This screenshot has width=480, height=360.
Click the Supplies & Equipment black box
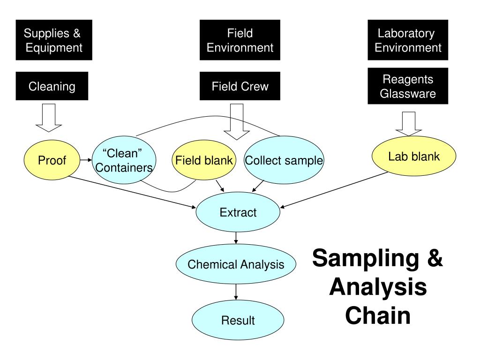tap(54, 40)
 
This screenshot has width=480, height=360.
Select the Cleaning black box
tap(52, 86)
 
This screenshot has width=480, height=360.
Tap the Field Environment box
tap(240, 40)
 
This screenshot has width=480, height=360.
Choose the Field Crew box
tap(240, 86)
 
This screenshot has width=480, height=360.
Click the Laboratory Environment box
tap(408, 40)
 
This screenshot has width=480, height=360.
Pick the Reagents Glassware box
tap(408, 86)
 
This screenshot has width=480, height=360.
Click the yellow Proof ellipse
tap(52, 160)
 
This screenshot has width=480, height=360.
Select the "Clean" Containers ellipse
tap(124, 160)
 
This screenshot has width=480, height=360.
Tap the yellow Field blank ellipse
tap(204, 160)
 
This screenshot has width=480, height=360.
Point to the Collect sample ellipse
tap(284, 160)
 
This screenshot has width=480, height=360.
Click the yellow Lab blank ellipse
tap(414, 156)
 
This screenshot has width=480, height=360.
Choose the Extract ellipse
tap(238, 212)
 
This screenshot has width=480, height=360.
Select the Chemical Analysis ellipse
tap(236, 264)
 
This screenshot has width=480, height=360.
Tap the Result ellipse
tap(238, 320)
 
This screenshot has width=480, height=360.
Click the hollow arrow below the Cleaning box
tap(49, 118)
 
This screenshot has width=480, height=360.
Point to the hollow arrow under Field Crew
tap(237, 122)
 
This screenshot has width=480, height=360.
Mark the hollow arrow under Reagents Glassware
tap(409, 124)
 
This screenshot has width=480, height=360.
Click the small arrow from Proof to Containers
tap(86, 160)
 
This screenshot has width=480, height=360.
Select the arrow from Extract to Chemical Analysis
tap(236, 238)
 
